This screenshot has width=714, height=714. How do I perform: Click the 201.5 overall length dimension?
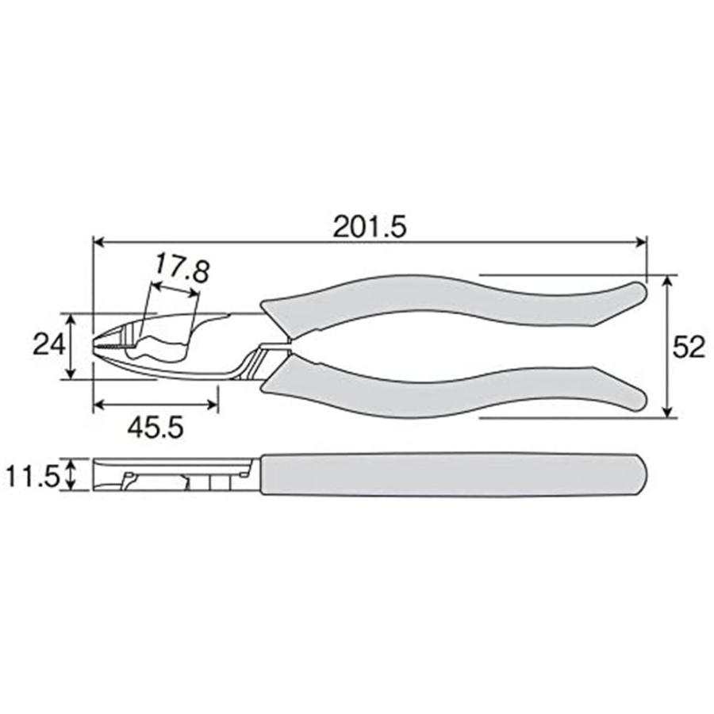coord(369,228)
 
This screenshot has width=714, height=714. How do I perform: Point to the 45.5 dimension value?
coord(155,428)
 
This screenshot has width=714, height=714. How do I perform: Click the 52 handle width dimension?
coord(688,347)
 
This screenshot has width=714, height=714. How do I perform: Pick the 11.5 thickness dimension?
coord(32,476)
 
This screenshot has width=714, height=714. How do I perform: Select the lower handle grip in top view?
coord(444,389)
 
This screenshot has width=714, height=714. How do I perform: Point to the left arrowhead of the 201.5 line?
coord(98,241)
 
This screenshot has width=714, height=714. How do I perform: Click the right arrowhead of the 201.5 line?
coord(642,241)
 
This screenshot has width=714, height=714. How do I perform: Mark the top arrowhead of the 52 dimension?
coord(670,281)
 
